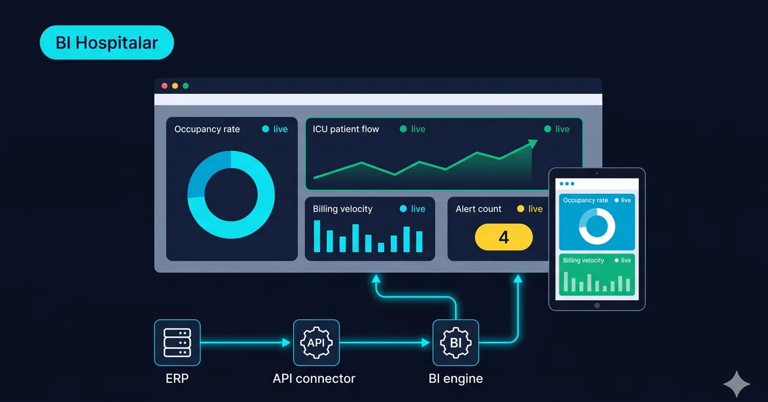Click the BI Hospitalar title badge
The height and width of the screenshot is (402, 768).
coord(107,42)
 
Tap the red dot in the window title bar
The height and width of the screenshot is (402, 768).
coord(164,86)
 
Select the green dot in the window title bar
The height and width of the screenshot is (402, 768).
coord(186,86)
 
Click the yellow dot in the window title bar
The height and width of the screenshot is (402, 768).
coord(175,86)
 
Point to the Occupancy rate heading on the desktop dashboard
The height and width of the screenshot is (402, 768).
coord(207,129)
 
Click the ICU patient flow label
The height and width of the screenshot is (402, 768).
coord(346,129)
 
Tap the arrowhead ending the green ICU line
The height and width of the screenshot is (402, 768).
coord(532,143)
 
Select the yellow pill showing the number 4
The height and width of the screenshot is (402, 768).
coord(504,237)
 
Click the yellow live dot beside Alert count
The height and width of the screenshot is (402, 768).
coord(520,209)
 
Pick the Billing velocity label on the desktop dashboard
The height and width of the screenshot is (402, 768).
coord(342,209)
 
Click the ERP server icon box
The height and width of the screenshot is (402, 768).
coord(177,342)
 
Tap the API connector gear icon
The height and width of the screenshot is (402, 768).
coord(316,342)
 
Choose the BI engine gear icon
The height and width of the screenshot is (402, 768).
coord(456,342)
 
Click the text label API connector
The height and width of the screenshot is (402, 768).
coord(314,379)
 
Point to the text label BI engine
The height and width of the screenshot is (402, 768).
coord(456,379)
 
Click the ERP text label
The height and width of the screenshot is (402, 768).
coord(177,379)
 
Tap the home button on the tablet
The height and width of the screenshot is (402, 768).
coord(597,305)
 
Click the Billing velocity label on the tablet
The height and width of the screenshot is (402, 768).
coord(584,261)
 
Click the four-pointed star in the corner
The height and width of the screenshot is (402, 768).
coord(737,384)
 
